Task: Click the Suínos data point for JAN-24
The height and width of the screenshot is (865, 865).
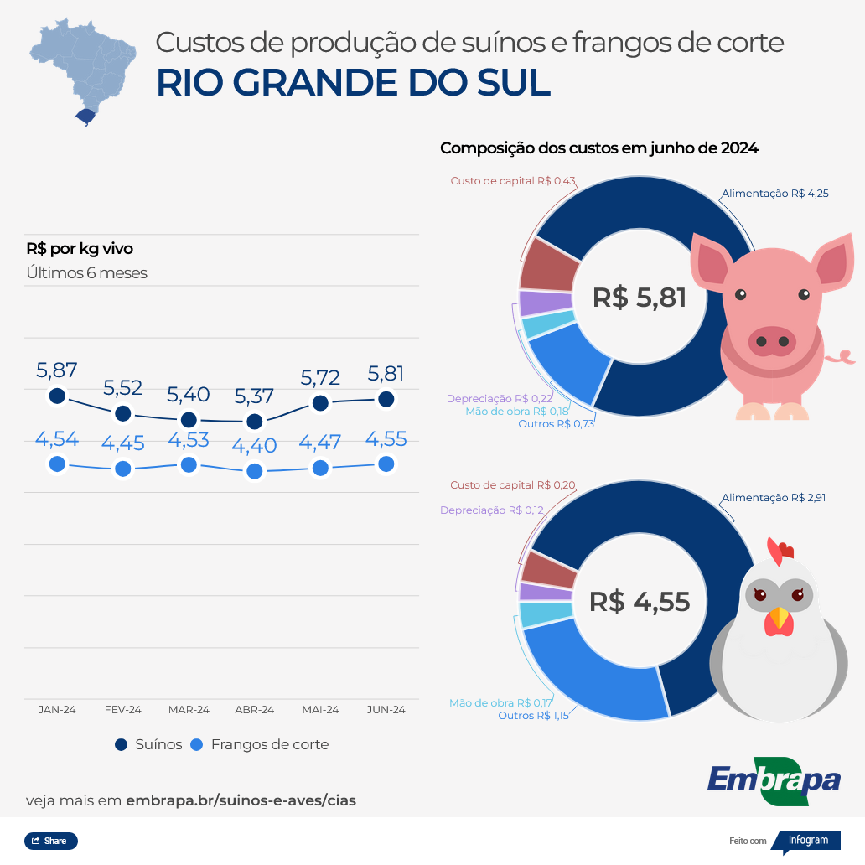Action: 57,396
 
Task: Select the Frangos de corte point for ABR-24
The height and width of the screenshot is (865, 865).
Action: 255,471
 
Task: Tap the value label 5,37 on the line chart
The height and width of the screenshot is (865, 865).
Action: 254,396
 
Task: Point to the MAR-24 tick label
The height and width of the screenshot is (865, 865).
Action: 189,710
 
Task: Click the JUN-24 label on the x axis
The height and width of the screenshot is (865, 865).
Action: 386,710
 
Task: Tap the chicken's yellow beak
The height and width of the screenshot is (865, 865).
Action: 780,619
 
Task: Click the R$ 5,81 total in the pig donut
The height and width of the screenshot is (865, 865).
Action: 639,298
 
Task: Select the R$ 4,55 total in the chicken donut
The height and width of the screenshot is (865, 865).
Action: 639,601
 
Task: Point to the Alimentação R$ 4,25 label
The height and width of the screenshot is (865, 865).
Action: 774,194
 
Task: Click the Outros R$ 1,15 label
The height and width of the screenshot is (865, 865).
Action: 533,716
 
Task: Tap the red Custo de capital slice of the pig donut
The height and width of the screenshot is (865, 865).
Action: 549,267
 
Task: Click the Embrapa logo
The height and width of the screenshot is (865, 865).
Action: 773,780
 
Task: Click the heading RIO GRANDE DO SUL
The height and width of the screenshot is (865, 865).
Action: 353,83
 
